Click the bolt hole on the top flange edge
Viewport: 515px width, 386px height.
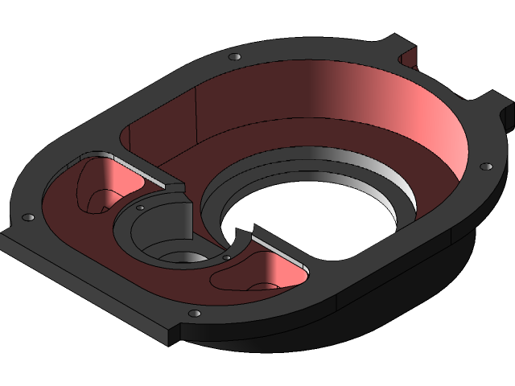tap(234, 57)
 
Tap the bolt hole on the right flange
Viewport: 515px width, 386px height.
tap(485, 166)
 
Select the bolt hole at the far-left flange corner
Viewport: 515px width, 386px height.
tap(29, 217)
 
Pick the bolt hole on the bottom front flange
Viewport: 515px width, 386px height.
tap(193, 313)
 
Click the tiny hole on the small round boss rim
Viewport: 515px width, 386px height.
tap(141, 207)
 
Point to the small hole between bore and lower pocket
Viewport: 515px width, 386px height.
tap(227, 257)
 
